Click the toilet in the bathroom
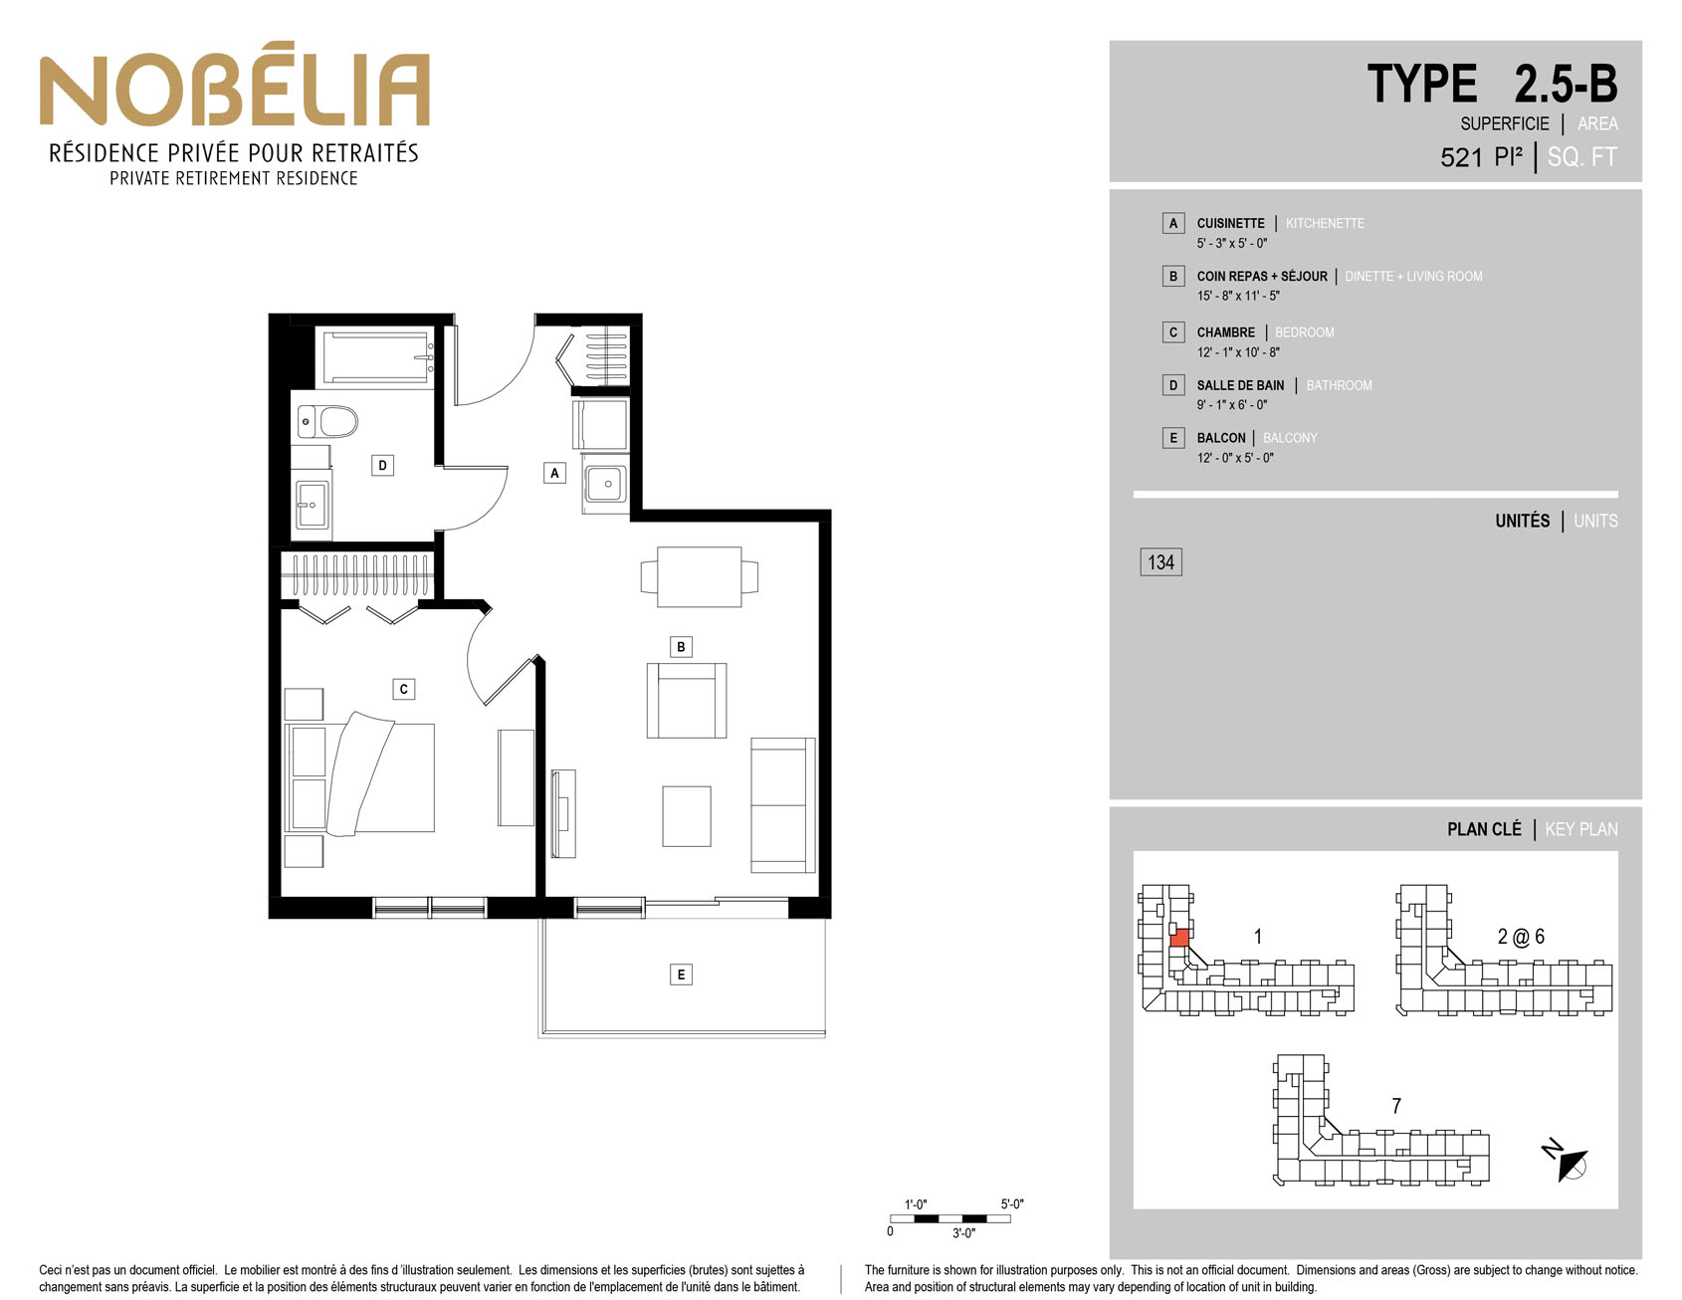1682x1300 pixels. pos(327,422)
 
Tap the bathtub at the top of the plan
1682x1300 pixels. pos(376,356)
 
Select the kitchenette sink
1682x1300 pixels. pos(605,485)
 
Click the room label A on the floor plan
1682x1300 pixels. pos(555,473)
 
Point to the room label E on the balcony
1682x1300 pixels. pos(681,975)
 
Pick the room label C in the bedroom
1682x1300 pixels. pos(403,689)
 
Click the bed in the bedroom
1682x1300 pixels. pos(360,776)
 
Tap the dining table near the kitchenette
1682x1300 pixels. pos(700,576)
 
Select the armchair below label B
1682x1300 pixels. pos(687,701)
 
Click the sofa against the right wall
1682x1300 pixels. pos(783,804)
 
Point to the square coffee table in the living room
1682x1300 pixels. pos(687,816)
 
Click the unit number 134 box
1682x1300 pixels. pos(1160,562)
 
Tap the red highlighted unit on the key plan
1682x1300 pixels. pos(1179,937)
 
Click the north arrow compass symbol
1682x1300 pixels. pos(1567,1161)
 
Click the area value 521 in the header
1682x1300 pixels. pos(1461,157)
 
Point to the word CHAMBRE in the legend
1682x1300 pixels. pos(1226,332)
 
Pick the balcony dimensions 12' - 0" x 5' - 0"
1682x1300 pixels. pos(1235,458)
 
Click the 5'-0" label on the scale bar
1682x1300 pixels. pos(1012,1204)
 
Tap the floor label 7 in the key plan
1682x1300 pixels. pos(1396,1106)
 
